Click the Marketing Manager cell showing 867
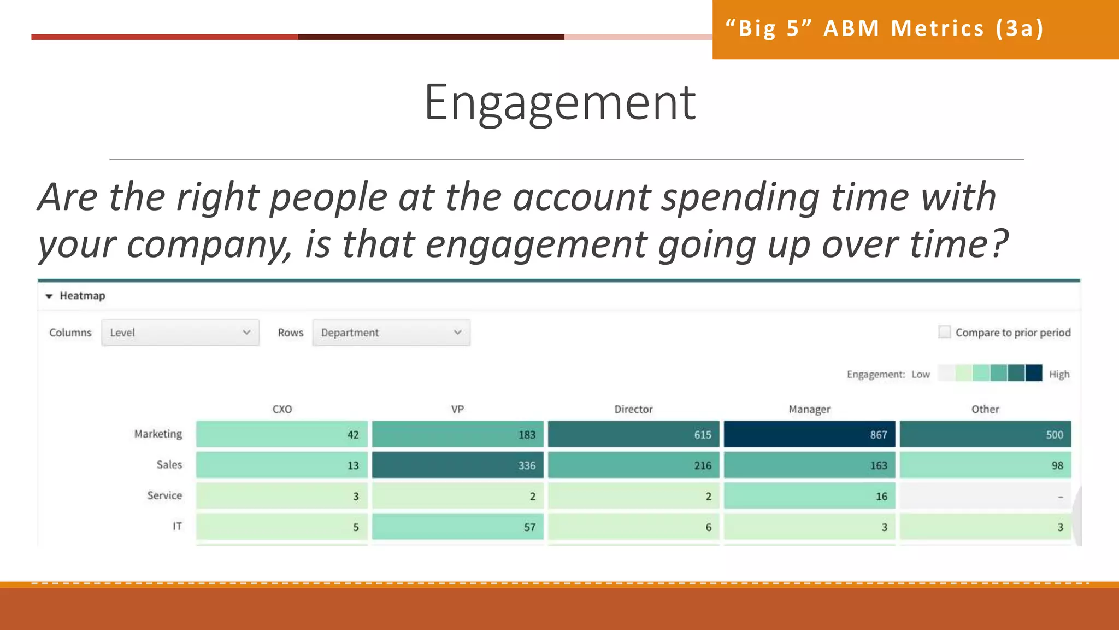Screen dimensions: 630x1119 coord(809,434)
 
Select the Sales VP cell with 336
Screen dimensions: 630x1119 coord(457,465)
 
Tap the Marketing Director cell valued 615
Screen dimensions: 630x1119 coord(633,434)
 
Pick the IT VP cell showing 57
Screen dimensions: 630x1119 coord(457,527)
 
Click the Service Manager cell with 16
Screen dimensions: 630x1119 coord(809,496)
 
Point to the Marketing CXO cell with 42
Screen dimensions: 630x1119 coord(281,434)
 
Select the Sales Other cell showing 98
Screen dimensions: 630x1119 coord(985,465)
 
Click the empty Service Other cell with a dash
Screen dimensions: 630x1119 coord(985,496)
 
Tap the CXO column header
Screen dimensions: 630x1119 coord(282,409)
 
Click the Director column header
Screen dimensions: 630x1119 coord(633,409)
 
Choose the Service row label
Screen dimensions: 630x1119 coord(164,495)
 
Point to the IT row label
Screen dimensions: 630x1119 coord(177,526)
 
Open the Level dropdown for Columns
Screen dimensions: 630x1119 coord(180,332)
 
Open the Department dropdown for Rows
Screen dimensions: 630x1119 coord(391,332)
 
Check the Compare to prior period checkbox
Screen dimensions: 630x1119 coord(944,332)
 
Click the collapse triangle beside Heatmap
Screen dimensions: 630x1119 coord(49,296)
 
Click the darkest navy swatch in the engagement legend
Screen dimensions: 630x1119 coord(1034,373)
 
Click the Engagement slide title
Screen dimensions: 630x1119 coord(559,102)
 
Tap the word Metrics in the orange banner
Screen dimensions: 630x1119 coord(937,28)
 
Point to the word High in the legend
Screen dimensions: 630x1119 coord(1059,374)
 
